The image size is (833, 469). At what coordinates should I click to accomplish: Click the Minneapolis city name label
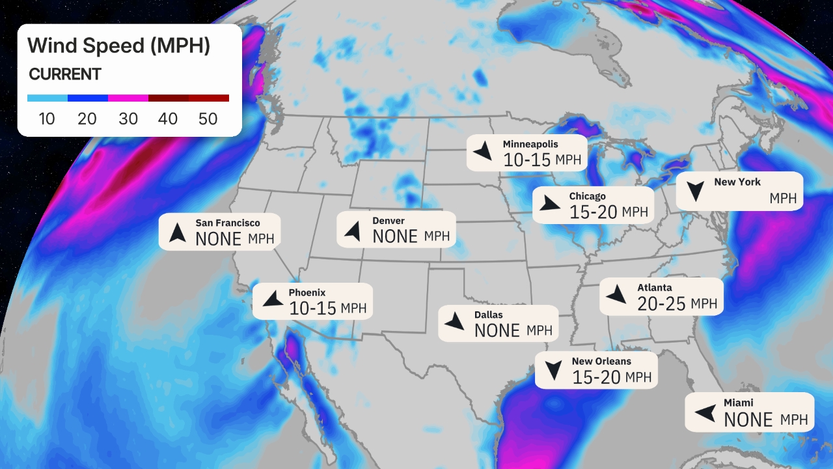coord(530,144)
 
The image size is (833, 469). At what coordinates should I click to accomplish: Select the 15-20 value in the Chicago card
coord(593,212)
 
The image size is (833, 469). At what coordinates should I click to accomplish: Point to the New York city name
coord(737,182)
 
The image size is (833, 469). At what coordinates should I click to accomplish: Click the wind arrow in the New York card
coord(696,191)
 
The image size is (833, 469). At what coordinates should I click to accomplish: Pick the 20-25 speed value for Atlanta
coord(661,304)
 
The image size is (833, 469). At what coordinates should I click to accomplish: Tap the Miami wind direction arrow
coord(705,412)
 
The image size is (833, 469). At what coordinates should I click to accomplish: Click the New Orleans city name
coord(601,361)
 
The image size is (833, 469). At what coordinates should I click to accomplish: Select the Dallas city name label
coord(488,315)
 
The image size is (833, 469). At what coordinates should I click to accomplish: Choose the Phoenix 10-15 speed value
coord(312,308)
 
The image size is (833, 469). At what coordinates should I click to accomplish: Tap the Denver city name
coord(389,221)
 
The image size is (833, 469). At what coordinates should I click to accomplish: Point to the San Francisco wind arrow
coord(177,232)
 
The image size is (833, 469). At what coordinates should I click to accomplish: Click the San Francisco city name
coord(228,223)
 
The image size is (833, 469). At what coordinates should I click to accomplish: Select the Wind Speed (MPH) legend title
coord(118,46)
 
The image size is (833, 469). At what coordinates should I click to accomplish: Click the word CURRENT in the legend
coord(65,74)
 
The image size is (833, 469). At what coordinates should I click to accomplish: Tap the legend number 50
coord(209,119)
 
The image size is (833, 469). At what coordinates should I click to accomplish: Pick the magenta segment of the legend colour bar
coord(128,98)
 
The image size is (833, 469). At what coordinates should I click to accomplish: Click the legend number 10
coord(46,119)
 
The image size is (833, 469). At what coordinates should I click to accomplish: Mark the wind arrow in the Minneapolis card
coord(483,152)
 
